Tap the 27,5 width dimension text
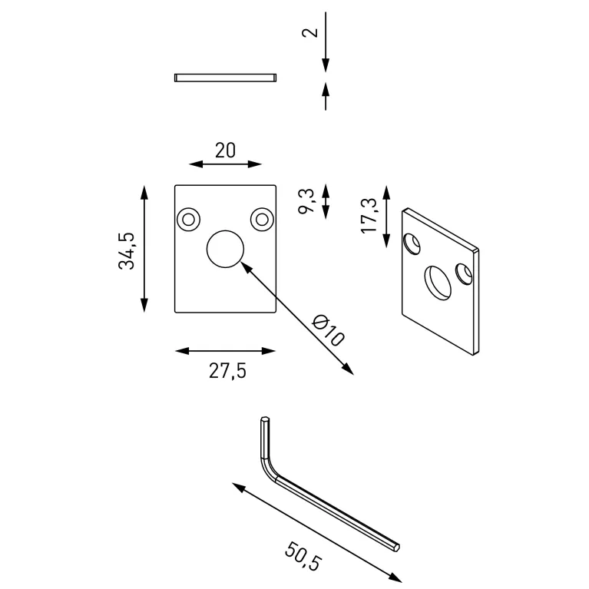(x=227, y=371)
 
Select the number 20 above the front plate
(x=225, y=150)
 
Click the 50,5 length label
(x=302, y=555)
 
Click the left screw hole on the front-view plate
(x=187, y=220)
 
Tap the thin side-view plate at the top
(x=225, y=77)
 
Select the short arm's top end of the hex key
(x=264, y=421)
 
